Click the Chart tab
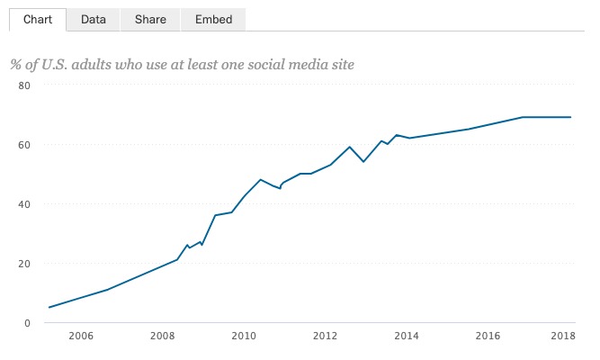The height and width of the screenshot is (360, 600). point(38,19)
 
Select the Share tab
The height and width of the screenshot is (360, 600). point(150,19)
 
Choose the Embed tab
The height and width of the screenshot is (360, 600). point(213,19)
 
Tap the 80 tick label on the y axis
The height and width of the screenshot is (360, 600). point(24,85)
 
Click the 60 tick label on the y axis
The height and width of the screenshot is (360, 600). point(24,145)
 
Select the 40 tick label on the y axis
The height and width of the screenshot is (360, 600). point(24,204)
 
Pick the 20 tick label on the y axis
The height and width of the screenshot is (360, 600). point(24,264)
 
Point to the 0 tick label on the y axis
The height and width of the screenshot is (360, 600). point(27,323)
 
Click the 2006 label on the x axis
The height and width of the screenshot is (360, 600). point(81,337)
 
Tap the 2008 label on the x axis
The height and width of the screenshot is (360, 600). point(162,337)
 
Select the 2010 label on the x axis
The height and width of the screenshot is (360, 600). point(244,337)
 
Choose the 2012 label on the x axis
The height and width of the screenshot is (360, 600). point(325,337)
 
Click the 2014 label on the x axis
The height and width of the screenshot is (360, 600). point(407,337)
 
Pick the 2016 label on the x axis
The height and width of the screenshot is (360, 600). point(488,337)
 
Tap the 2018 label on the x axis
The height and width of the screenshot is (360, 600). point(563,337)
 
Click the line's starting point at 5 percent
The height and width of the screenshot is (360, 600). point(49,308)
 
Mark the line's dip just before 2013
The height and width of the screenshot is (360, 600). point(363,162)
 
